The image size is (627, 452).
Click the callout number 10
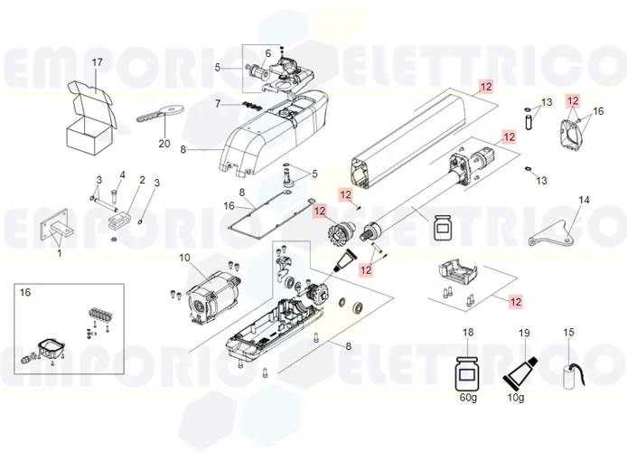[x=184, y=259]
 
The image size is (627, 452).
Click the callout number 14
[x=584, y=200]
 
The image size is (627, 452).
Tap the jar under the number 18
[x=468, y=371]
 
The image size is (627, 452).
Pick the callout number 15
[x=568, y=334]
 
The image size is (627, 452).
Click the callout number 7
[x=217, y=104]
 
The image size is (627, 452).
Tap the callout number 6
[x=267, y=52]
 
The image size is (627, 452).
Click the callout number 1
[x=60, y=254]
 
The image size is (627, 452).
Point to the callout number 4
[x=123, y=174]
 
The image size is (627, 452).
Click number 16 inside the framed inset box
[x=25, y=294]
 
